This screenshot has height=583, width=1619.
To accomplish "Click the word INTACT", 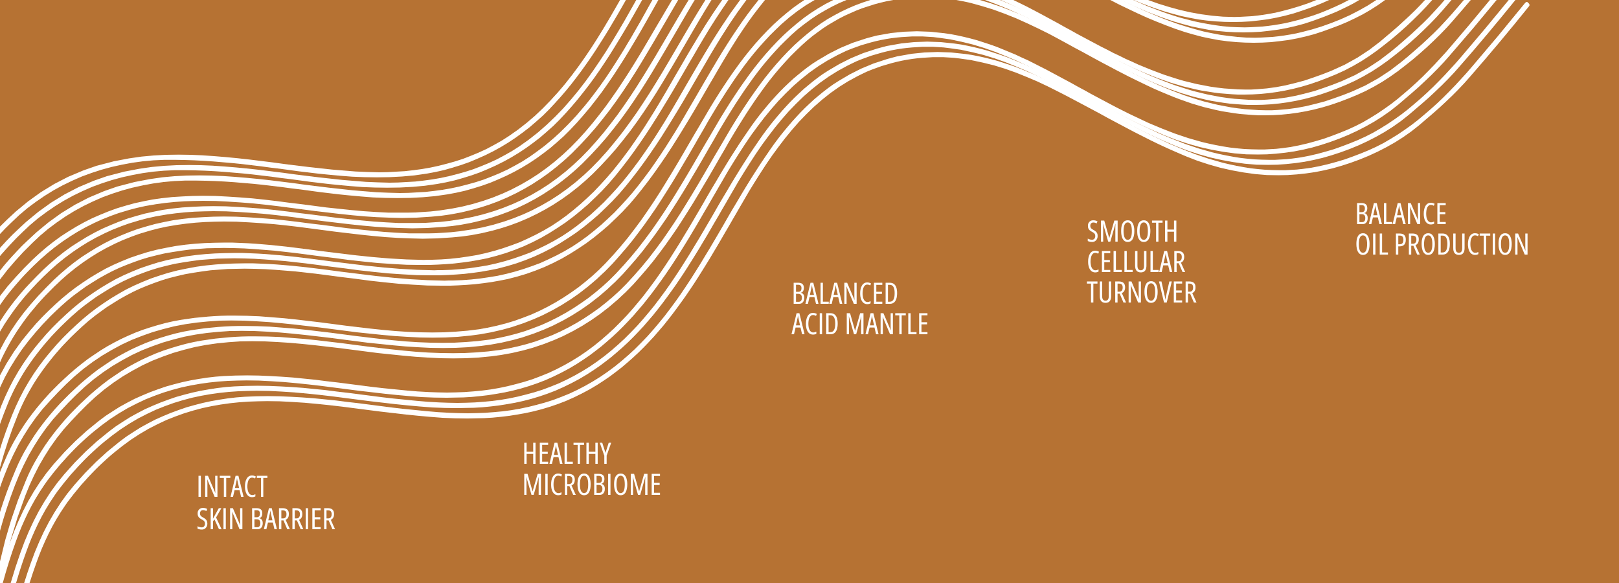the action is coord(232,487).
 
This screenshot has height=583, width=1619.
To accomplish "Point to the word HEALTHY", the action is coord(567,454).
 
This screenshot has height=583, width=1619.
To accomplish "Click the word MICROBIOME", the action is coord(592,485).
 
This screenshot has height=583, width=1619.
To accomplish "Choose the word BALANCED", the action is coord(844,294).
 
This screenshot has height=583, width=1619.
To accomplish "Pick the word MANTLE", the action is coord(887,325).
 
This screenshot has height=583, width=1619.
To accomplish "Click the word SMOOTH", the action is coord(1132,232).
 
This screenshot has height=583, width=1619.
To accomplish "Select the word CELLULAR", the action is coord(1136,262).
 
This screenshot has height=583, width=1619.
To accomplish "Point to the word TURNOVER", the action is coord(1142,293).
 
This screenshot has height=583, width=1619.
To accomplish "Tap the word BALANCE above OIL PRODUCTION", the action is coord(1401,214).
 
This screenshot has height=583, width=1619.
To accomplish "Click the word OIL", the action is coord(1372,245).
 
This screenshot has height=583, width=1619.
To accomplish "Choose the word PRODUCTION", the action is coord(1461,245).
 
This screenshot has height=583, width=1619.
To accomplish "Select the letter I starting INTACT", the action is coord(199,487).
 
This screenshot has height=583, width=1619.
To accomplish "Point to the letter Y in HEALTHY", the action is coord(605,454).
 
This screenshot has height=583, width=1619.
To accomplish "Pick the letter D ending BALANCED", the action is coord(891,294).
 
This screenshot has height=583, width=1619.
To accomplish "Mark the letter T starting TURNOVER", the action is coord(1093,293).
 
